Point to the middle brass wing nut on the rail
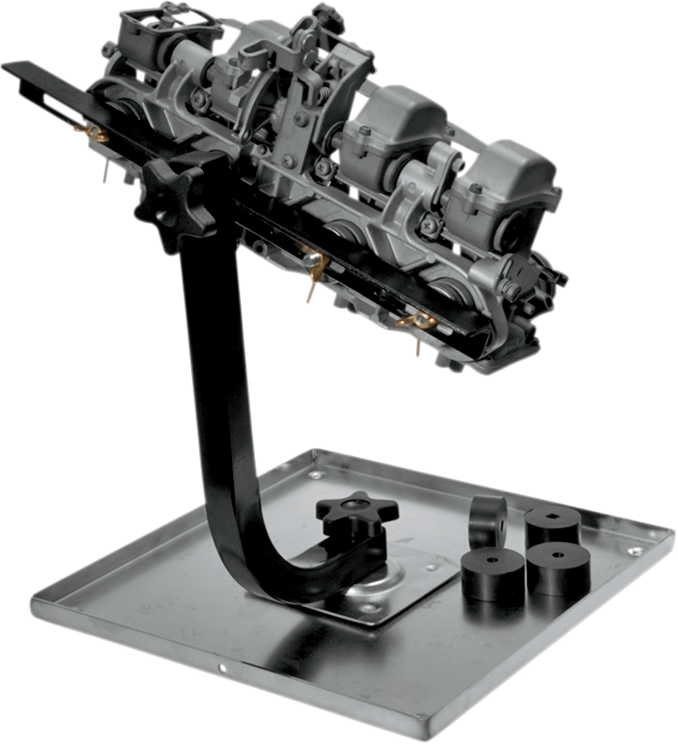point(313,266)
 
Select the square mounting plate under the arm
point(402,585)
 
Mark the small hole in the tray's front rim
point(222,668)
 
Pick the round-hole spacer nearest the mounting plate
point(493,572)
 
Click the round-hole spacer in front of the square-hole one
point(559,567)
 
